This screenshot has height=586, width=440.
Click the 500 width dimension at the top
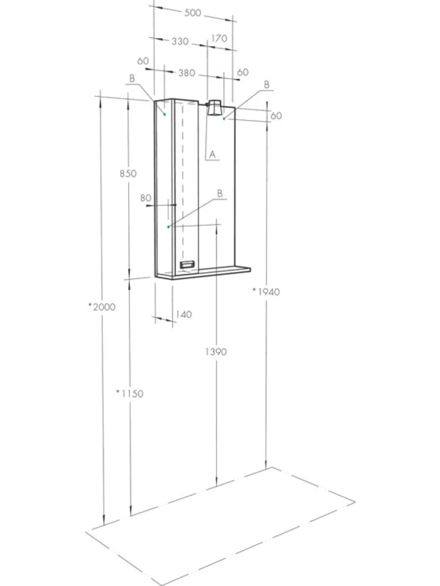193,13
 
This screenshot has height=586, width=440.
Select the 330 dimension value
180,41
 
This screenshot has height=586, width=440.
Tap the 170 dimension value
219,38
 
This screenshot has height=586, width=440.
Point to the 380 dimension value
187,72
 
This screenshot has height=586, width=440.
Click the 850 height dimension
128,173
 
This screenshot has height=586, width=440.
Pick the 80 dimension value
146,198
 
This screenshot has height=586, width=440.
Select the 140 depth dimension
183,314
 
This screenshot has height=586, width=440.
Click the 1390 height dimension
216,352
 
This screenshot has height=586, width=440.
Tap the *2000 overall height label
102,307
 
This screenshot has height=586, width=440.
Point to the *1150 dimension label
129,393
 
